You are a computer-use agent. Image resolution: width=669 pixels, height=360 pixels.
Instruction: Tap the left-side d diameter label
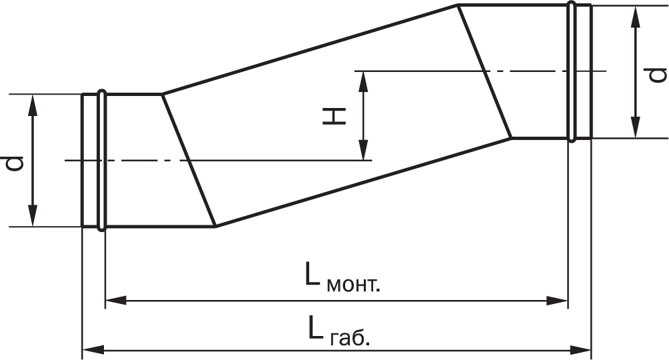(x=15, y=163)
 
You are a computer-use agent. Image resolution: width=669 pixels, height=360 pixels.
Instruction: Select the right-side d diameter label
(x=657, y=74)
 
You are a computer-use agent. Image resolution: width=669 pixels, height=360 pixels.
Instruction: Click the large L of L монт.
(x=312, y=273)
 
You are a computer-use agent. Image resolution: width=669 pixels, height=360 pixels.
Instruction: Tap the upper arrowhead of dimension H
(x=363, y=81)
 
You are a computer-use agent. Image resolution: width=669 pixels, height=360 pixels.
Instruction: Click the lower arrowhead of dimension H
(x=363, y=150)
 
